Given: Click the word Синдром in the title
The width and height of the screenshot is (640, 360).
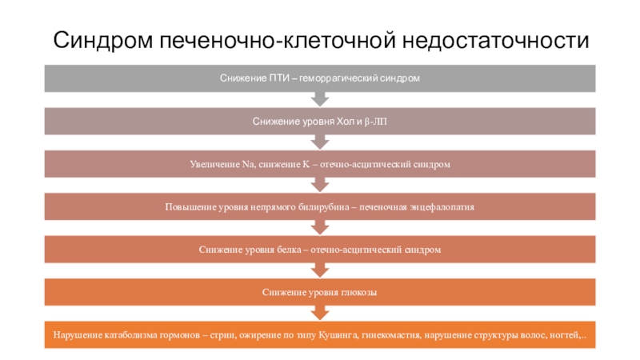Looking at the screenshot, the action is pos(103,41).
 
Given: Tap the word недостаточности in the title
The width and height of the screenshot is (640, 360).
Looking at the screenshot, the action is pos(495,41).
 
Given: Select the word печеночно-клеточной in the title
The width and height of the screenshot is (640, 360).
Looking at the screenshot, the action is pos(277,41).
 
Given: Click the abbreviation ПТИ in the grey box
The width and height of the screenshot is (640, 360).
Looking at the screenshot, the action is pos(279,78).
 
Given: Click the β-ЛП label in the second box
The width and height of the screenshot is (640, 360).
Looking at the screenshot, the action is pos(375,122).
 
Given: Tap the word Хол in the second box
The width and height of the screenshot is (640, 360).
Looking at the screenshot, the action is pos(346,122).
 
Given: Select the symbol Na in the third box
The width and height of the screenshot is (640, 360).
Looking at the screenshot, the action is pos(248,164).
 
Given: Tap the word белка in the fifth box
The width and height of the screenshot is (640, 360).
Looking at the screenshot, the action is pos(289,250).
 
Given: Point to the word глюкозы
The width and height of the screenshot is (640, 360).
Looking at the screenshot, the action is pos(358,292).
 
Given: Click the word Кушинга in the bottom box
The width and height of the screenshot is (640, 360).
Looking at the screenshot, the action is pos(338,335).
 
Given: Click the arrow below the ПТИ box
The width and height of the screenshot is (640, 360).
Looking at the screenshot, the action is pos(320,99).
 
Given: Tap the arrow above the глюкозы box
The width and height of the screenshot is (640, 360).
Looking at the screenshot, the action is pos(320,270).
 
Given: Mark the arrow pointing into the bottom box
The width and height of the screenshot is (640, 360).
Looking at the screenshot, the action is pos(320,313).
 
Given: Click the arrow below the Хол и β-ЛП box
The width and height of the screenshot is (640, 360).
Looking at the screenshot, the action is pos(320,142).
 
